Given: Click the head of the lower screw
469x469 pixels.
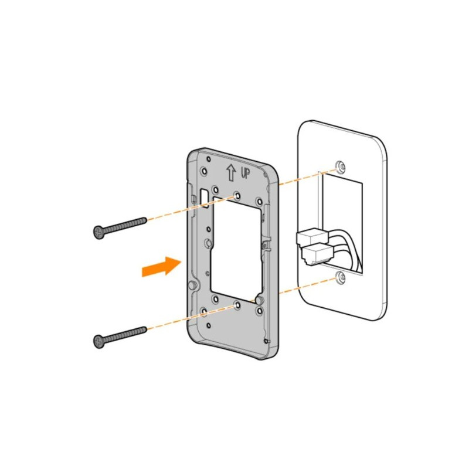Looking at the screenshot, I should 99,340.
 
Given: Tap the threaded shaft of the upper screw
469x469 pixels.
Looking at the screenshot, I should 126,224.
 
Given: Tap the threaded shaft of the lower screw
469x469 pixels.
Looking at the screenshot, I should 126,334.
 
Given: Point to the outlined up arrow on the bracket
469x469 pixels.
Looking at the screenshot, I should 231,172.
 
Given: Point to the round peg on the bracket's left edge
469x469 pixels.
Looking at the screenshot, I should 192,285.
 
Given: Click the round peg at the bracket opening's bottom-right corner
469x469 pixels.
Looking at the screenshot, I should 257,300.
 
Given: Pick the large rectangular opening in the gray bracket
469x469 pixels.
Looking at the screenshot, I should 235,246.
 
